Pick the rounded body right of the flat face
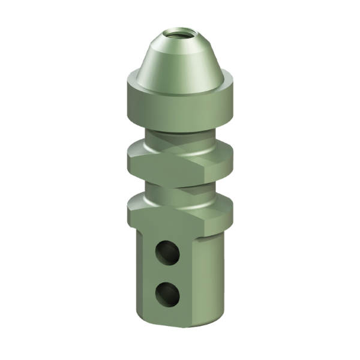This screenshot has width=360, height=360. (207, 276)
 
